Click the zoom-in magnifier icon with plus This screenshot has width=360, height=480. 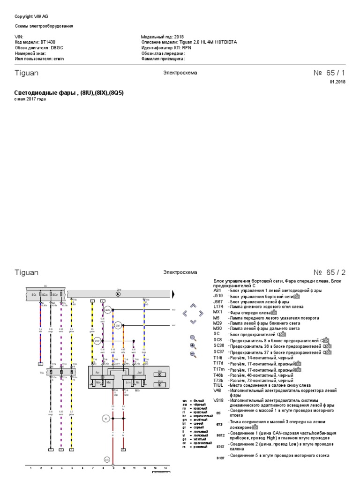(193, 345)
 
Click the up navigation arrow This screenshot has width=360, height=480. (193, 305)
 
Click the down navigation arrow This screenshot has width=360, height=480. (193, 322)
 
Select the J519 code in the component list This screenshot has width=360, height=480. (218, 297)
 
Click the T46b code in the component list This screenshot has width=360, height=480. (219, 375)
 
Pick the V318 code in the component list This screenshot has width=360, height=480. (218, 400)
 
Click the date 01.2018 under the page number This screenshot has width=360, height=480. (337, 82)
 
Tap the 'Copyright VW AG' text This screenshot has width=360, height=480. (31, 16)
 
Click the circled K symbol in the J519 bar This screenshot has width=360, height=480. (118, 294)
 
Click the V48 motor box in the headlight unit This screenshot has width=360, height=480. (160, 374)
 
